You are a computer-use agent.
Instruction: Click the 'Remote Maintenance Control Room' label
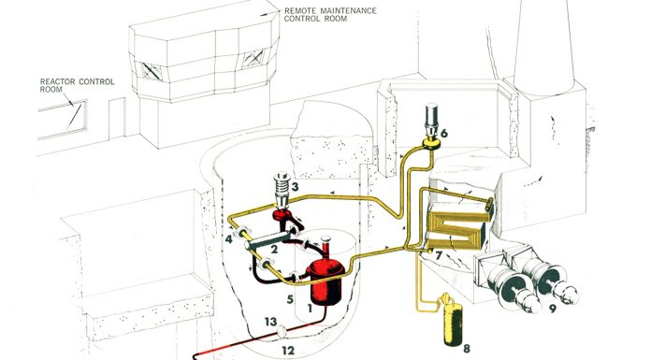coord(330,15)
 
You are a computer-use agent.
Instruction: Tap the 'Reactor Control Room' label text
coord(78,85)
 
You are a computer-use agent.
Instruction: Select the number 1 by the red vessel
coord(310,308)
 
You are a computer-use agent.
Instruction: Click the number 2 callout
coord(274,250)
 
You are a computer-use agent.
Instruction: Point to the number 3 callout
coord(295,186)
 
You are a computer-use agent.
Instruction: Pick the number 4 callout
coord(229,239)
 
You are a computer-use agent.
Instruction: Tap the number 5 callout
coord(290,299)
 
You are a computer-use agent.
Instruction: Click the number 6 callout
coord(444,134)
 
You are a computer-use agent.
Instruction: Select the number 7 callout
coord(439,255)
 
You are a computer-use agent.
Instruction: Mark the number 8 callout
coord(467,349)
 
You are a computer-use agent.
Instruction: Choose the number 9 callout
coord(553,309)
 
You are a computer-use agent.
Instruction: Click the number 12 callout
coord(288,351)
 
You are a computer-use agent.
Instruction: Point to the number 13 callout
coord(270,322)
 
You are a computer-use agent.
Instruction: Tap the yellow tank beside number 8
coord(453,322)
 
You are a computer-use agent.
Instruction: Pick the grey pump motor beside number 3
coord(282,189)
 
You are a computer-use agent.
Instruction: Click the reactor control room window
coord(63,120)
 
